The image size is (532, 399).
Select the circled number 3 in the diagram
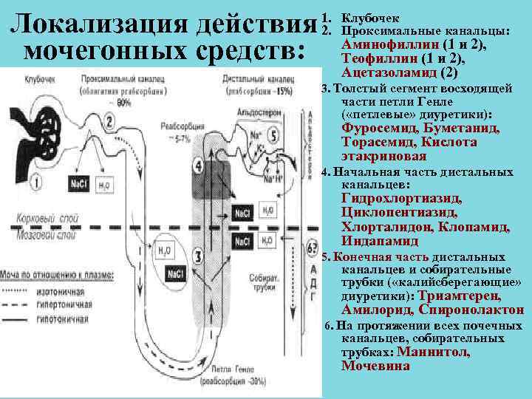click(198, 256)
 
